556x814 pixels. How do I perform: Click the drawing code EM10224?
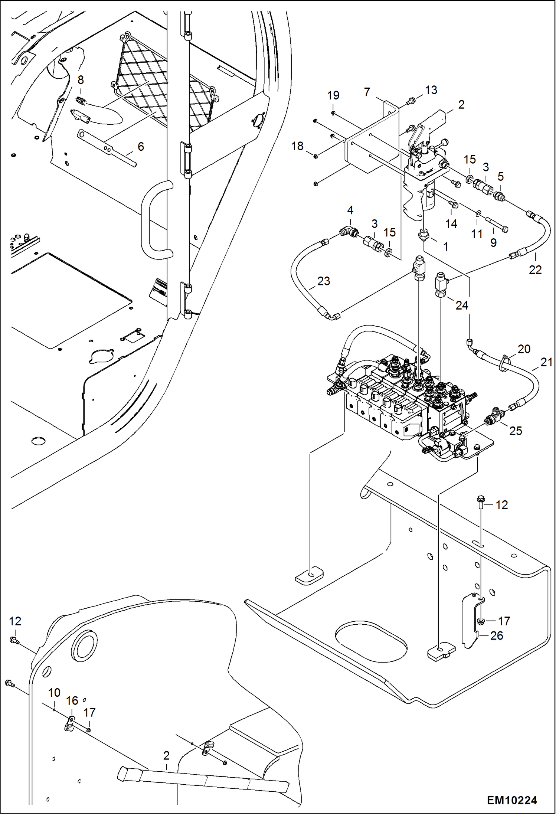click(x=512, y=800)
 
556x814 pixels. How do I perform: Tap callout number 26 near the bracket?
click(x=496, y=635)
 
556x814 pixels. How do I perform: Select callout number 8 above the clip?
click(x=81, y=80)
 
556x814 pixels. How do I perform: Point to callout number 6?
click(x=141, y=147)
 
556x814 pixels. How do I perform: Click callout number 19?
click(x=333, y=95)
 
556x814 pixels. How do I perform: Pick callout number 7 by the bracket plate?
click(x=367, y=92)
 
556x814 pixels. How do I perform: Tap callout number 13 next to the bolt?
click(x=431, y=90)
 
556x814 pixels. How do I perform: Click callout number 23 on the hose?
click(x=323, y=281)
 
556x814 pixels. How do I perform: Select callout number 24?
click(x=462, y=305)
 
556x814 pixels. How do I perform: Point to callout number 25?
click(x=516, y=431)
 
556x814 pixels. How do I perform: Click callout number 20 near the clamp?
click(x=524, y=349)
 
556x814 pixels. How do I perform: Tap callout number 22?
click(x=535, y=270)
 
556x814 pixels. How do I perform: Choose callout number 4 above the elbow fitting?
click(x=350, y=210)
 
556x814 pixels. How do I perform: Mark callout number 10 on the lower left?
click(x=54, y=693)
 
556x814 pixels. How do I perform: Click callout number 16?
click(x=72, y=700)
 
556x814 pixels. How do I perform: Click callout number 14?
click(x=451, y=223)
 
